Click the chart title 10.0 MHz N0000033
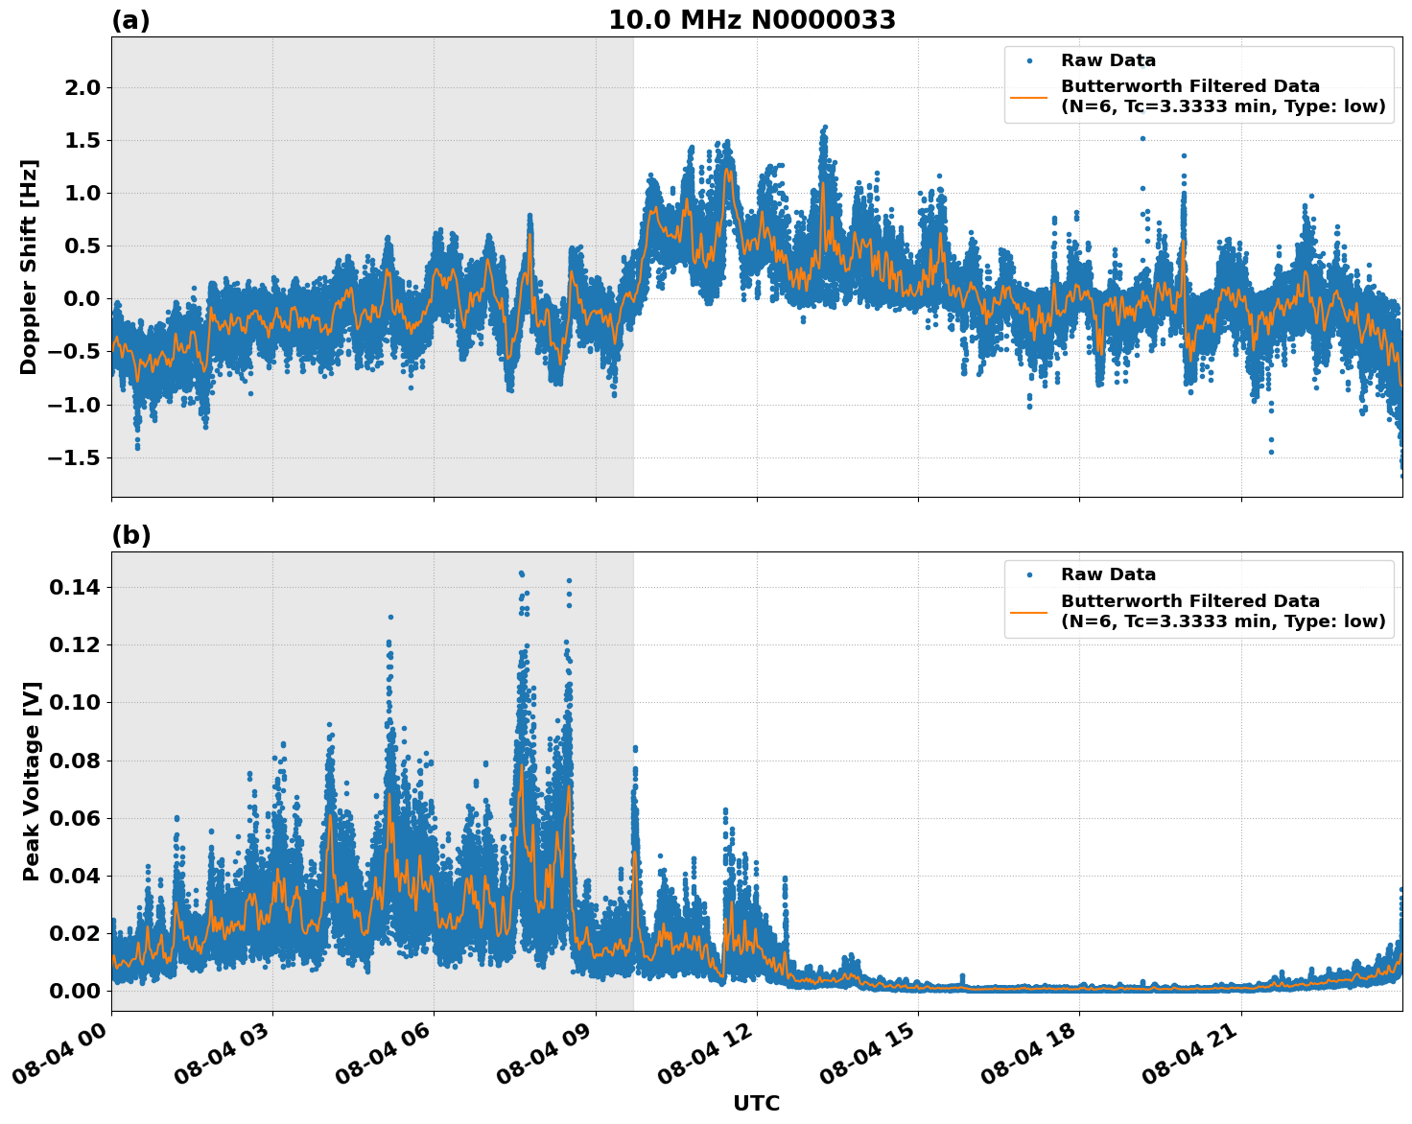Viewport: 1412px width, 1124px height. coord(752,20)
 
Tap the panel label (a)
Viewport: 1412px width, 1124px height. coord(130,20)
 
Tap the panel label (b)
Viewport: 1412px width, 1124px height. coord(130,535)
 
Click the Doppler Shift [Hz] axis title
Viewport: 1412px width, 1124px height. coord(29,267)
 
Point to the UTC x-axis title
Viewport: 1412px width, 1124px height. coord(756,1103)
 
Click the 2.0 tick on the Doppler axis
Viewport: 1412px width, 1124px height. coord(81,87)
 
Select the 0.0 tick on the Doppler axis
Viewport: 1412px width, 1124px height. coord(81,299)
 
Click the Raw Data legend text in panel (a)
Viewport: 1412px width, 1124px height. coord(1108,60)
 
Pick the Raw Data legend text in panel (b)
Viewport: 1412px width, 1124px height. coord(1108,574)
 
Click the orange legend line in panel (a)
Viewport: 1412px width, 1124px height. coord(1028,97)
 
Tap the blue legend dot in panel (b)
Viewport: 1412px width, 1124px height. coord(1028,574)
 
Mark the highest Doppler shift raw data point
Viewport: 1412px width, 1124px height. coord(824,127)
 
